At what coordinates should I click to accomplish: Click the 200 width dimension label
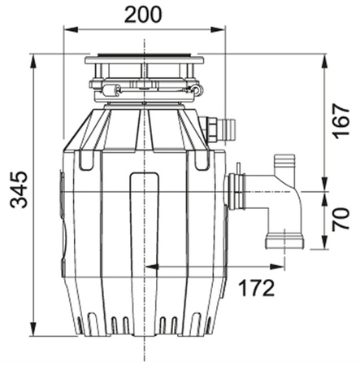pos(143,15)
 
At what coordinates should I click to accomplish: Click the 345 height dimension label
pos(19,190)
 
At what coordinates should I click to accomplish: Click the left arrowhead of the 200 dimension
pos(71,29)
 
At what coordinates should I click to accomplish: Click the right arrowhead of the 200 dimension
pos(218,29)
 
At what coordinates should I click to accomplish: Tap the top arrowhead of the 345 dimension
pos(33,61)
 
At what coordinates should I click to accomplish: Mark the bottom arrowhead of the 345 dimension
pos(33,329)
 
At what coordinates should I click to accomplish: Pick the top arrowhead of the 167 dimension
pos(324,62)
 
